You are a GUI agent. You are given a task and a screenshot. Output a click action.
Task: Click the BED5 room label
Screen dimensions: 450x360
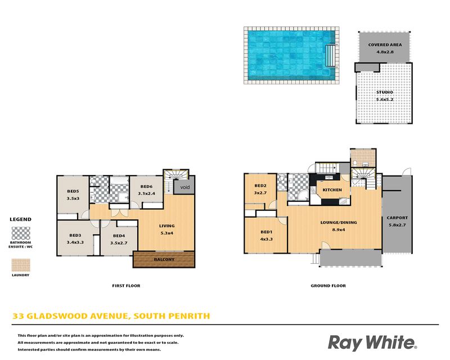click(x=73, y=191)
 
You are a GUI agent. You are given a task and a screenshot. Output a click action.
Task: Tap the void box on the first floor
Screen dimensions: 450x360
click(x=184, y=187)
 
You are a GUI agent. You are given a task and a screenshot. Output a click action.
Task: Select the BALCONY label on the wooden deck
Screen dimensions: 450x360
click(x=164, y=259)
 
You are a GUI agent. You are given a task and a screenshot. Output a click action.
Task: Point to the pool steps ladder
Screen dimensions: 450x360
click(x=330, y=56)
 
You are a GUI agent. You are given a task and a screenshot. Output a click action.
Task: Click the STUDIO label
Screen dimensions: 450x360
click(x=385, y=92)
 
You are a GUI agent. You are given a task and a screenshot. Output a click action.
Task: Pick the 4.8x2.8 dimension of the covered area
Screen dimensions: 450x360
click(x=385, y=52)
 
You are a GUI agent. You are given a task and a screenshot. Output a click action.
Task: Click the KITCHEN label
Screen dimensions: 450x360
click(x=332, y=190)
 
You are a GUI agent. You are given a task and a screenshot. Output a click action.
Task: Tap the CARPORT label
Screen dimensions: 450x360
click(x=397, y=218)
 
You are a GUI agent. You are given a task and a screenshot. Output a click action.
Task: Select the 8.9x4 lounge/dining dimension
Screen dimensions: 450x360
click(x=339, y=229)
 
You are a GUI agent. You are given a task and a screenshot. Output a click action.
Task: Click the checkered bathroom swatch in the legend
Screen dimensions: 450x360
click(x=21, y=233)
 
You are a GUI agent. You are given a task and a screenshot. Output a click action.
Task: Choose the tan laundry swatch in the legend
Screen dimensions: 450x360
click(x=21, y=265)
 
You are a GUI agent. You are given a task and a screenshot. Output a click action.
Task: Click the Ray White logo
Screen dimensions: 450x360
click(x=372, y=343)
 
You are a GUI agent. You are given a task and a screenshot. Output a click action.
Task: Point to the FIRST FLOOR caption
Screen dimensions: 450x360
click(x=126, y=286)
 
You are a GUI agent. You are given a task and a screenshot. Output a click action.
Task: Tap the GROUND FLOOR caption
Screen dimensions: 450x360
click(x=328, y=286)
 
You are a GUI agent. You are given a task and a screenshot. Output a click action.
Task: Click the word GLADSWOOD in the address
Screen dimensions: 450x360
click(x=59, y=316)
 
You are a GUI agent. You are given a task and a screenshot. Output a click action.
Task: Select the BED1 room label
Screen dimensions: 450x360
click(x=266, y=232)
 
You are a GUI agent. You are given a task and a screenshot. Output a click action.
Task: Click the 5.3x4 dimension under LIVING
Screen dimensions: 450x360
click(x=166, y=233)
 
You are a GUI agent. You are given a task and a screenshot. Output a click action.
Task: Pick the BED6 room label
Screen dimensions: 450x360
click(x=146, y=186)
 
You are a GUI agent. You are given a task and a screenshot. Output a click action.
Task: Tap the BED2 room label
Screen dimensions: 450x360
click(x=260, y=186)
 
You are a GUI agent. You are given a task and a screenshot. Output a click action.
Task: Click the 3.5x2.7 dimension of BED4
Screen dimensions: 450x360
click(x=119, y=243)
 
